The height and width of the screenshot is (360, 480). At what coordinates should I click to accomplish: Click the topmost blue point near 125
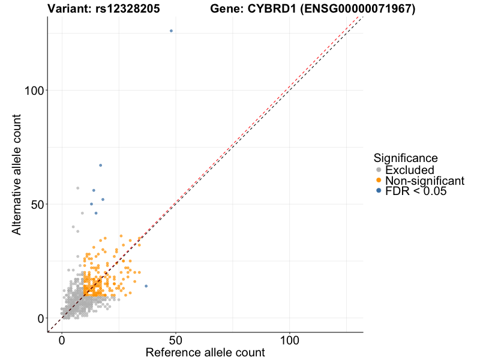click(x=171, y=31)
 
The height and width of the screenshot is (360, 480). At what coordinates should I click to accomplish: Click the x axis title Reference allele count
click(x=205, y=352)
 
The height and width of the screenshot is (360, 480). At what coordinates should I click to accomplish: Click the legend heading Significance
click(x=406, y=158)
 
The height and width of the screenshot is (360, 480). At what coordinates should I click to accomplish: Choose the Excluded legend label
click(x=409, y=170)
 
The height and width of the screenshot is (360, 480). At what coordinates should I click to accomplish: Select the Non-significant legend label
click(x=425, y=181)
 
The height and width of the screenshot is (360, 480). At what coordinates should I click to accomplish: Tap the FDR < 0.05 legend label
click(x=416, y=191)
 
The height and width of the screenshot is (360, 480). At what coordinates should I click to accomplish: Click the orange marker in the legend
click(x=379, y=181)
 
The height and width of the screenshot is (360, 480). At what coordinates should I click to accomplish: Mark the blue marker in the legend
click(x=379, y=191)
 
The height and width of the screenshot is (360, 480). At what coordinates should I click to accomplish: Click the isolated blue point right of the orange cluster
click(x=146, y=286)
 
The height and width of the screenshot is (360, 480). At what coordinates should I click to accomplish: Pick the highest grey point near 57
click(x=77, y=188)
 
